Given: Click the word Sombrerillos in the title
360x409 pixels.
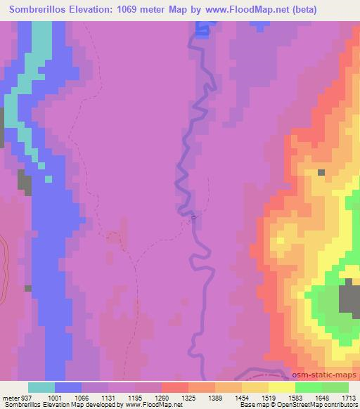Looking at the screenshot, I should [39, 10].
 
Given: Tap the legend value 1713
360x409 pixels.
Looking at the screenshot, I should [348, 397].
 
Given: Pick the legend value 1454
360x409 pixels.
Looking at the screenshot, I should [241, 397].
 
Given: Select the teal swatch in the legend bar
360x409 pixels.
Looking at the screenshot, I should [41, 387].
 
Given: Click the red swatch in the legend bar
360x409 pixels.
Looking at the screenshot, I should [175, 387].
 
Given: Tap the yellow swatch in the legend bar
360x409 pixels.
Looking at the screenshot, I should [282, 387].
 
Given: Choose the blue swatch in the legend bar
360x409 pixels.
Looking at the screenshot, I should [68, 387].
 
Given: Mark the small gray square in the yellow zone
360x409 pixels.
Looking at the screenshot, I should [321, 172].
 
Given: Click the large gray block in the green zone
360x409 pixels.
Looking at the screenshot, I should [349, 297].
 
